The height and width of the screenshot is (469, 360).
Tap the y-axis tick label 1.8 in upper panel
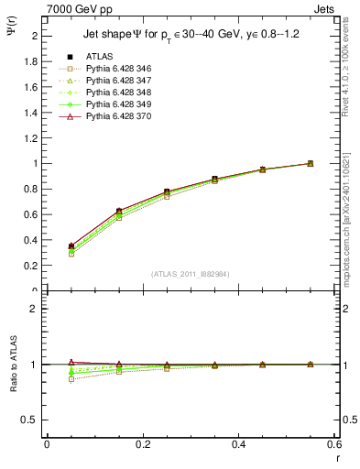[x=33, y=61]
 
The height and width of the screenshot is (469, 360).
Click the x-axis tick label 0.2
[x=143, y=444]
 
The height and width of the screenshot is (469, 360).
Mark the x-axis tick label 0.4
[x=239, y=444]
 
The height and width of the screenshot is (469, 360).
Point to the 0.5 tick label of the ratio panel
[x=33, y=420]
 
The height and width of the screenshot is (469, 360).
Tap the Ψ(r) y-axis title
[x=10, y=31]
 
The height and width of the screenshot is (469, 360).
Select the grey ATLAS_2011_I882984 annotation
[x=191, y=275]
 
